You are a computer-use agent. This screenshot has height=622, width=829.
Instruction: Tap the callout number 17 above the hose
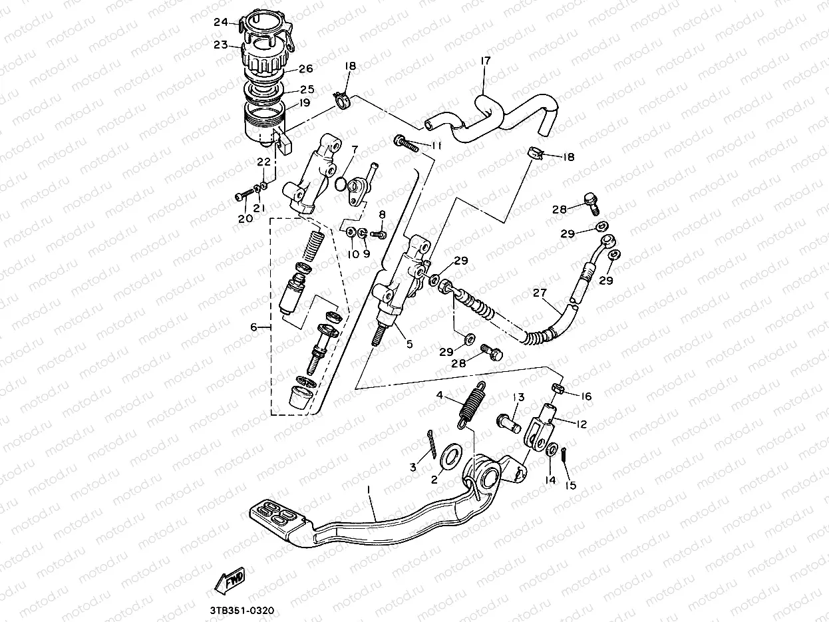tap(485, 61)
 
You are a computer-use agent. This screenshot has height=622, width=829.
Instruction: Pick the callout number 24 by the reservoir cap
tap(221, 22)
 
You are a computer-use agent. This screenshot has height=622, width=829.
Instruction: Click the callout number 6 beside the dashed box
tap(253, 327)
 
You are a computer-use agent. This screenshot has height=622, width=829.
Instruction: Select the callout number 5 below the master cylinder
tap(409, 344)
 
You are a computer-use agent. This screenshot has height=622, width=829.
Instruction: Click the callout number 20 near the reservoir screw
tap(244, 218)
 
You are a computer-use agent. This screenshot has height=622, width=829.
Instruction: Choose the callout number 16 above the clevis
tap(585, 396)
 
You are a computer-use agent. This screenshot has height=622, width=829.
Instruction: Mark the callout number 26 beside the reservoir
tap(305, 69)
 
